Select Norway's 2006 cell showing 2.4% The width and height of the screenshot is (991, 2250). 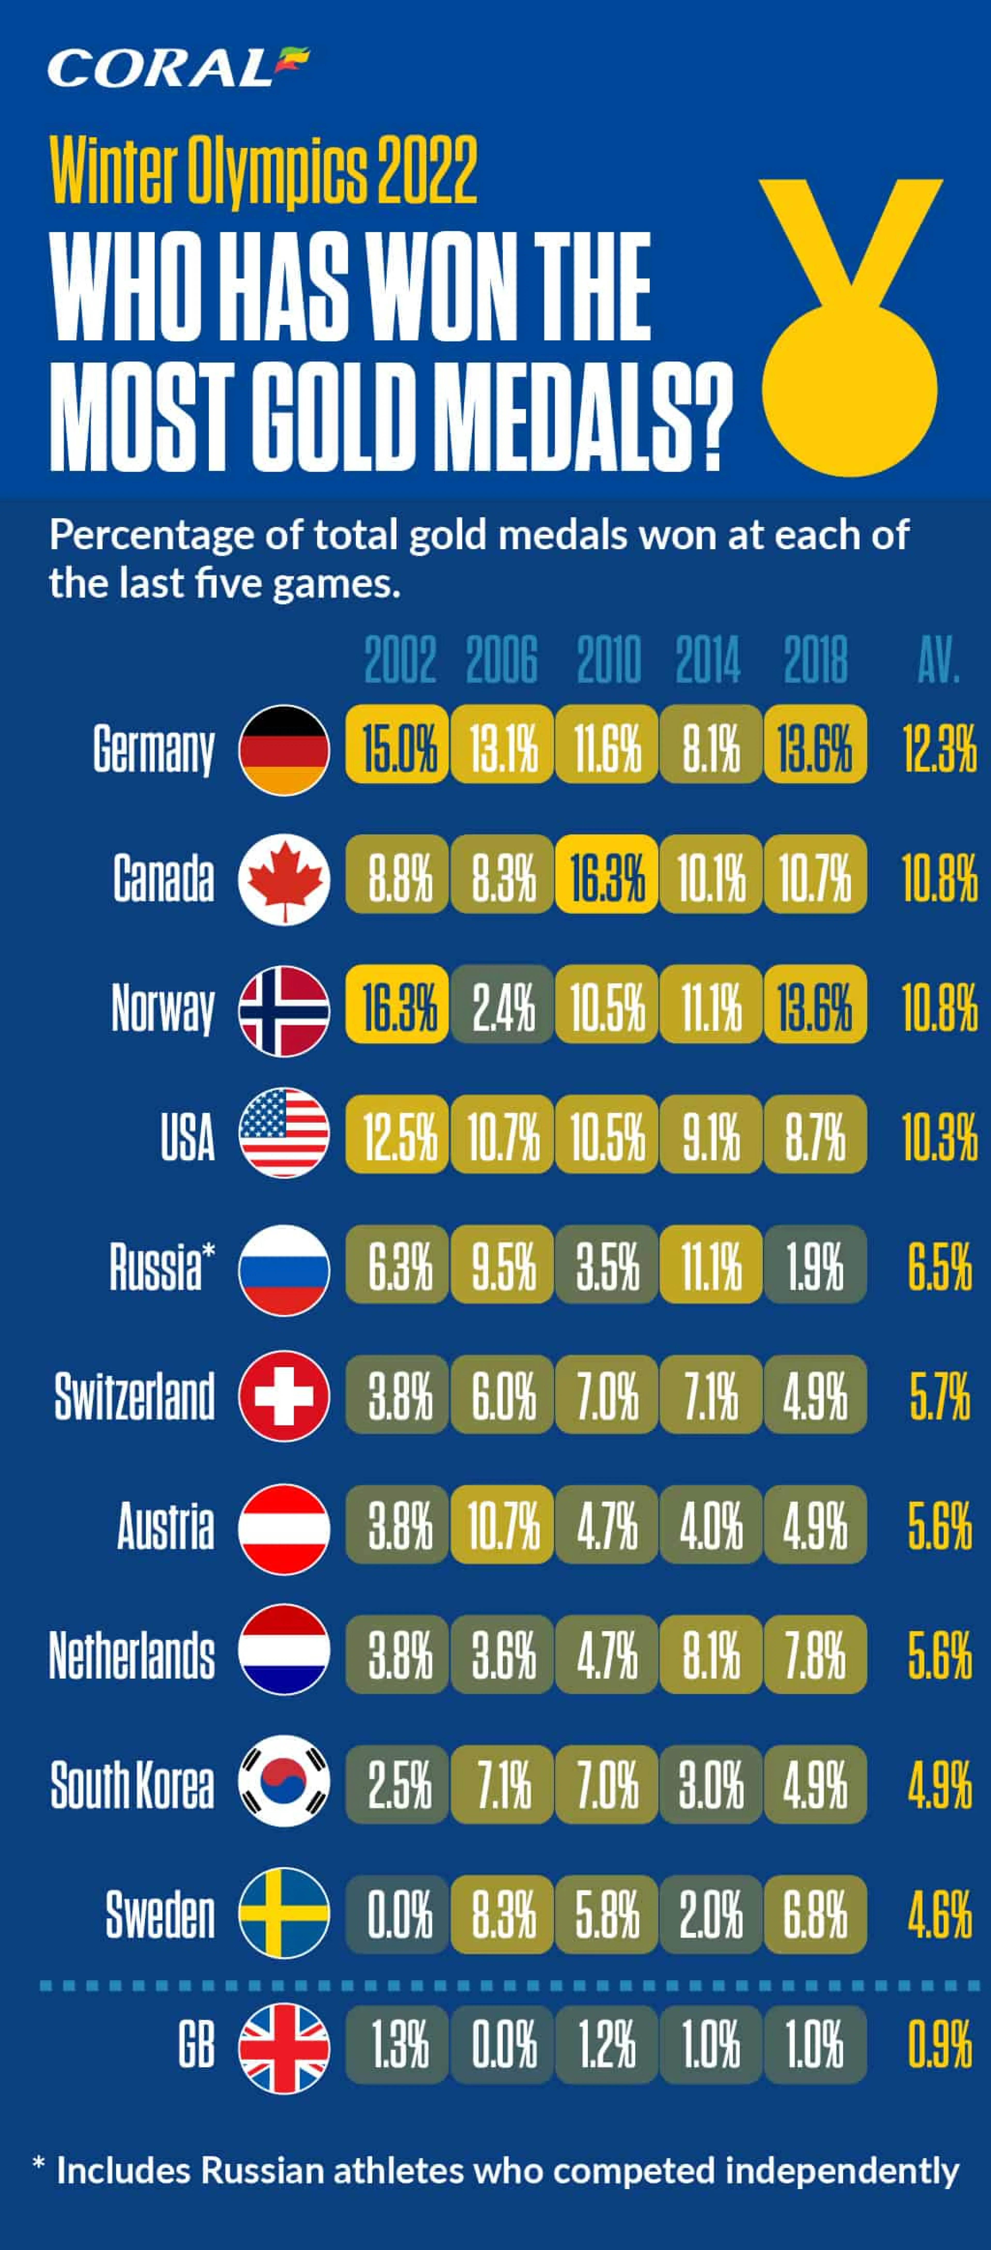(502, 1004)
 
